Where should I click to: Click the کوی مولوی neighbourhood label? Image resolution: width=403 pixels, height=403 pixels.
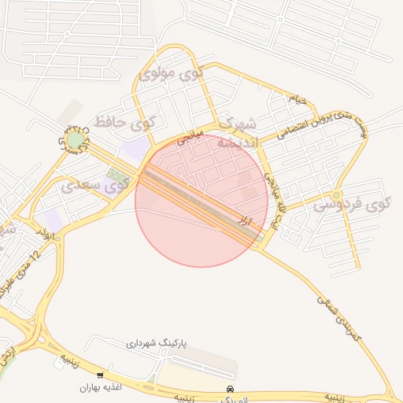170,76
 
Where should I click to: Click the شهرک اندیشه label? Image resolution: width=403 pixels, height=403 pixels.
237,134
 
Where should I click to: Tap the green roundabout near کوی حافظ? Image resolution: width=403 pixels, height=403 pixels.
76,140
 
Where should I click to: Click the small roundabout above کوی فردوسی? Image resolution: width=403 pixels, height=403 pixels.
337,194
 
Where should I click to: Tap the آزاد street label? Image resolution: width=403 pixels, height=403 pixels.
246,223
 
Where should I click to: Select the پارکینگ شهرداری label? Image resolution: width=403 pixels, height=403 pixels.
156,344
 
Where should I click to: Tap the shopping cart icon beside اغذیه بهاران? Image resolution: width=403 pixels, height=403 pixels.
100,375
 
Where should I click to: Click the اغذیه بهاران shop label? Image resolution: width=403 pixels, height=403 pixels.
98,388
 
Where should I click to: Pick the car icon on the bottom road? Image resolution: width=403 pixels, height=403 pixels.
229,390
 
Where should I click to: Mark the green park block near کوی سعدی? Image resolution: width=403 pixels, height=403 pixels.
118,174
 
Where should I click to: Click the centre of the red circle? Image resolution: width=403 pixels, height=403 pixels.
202,201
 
